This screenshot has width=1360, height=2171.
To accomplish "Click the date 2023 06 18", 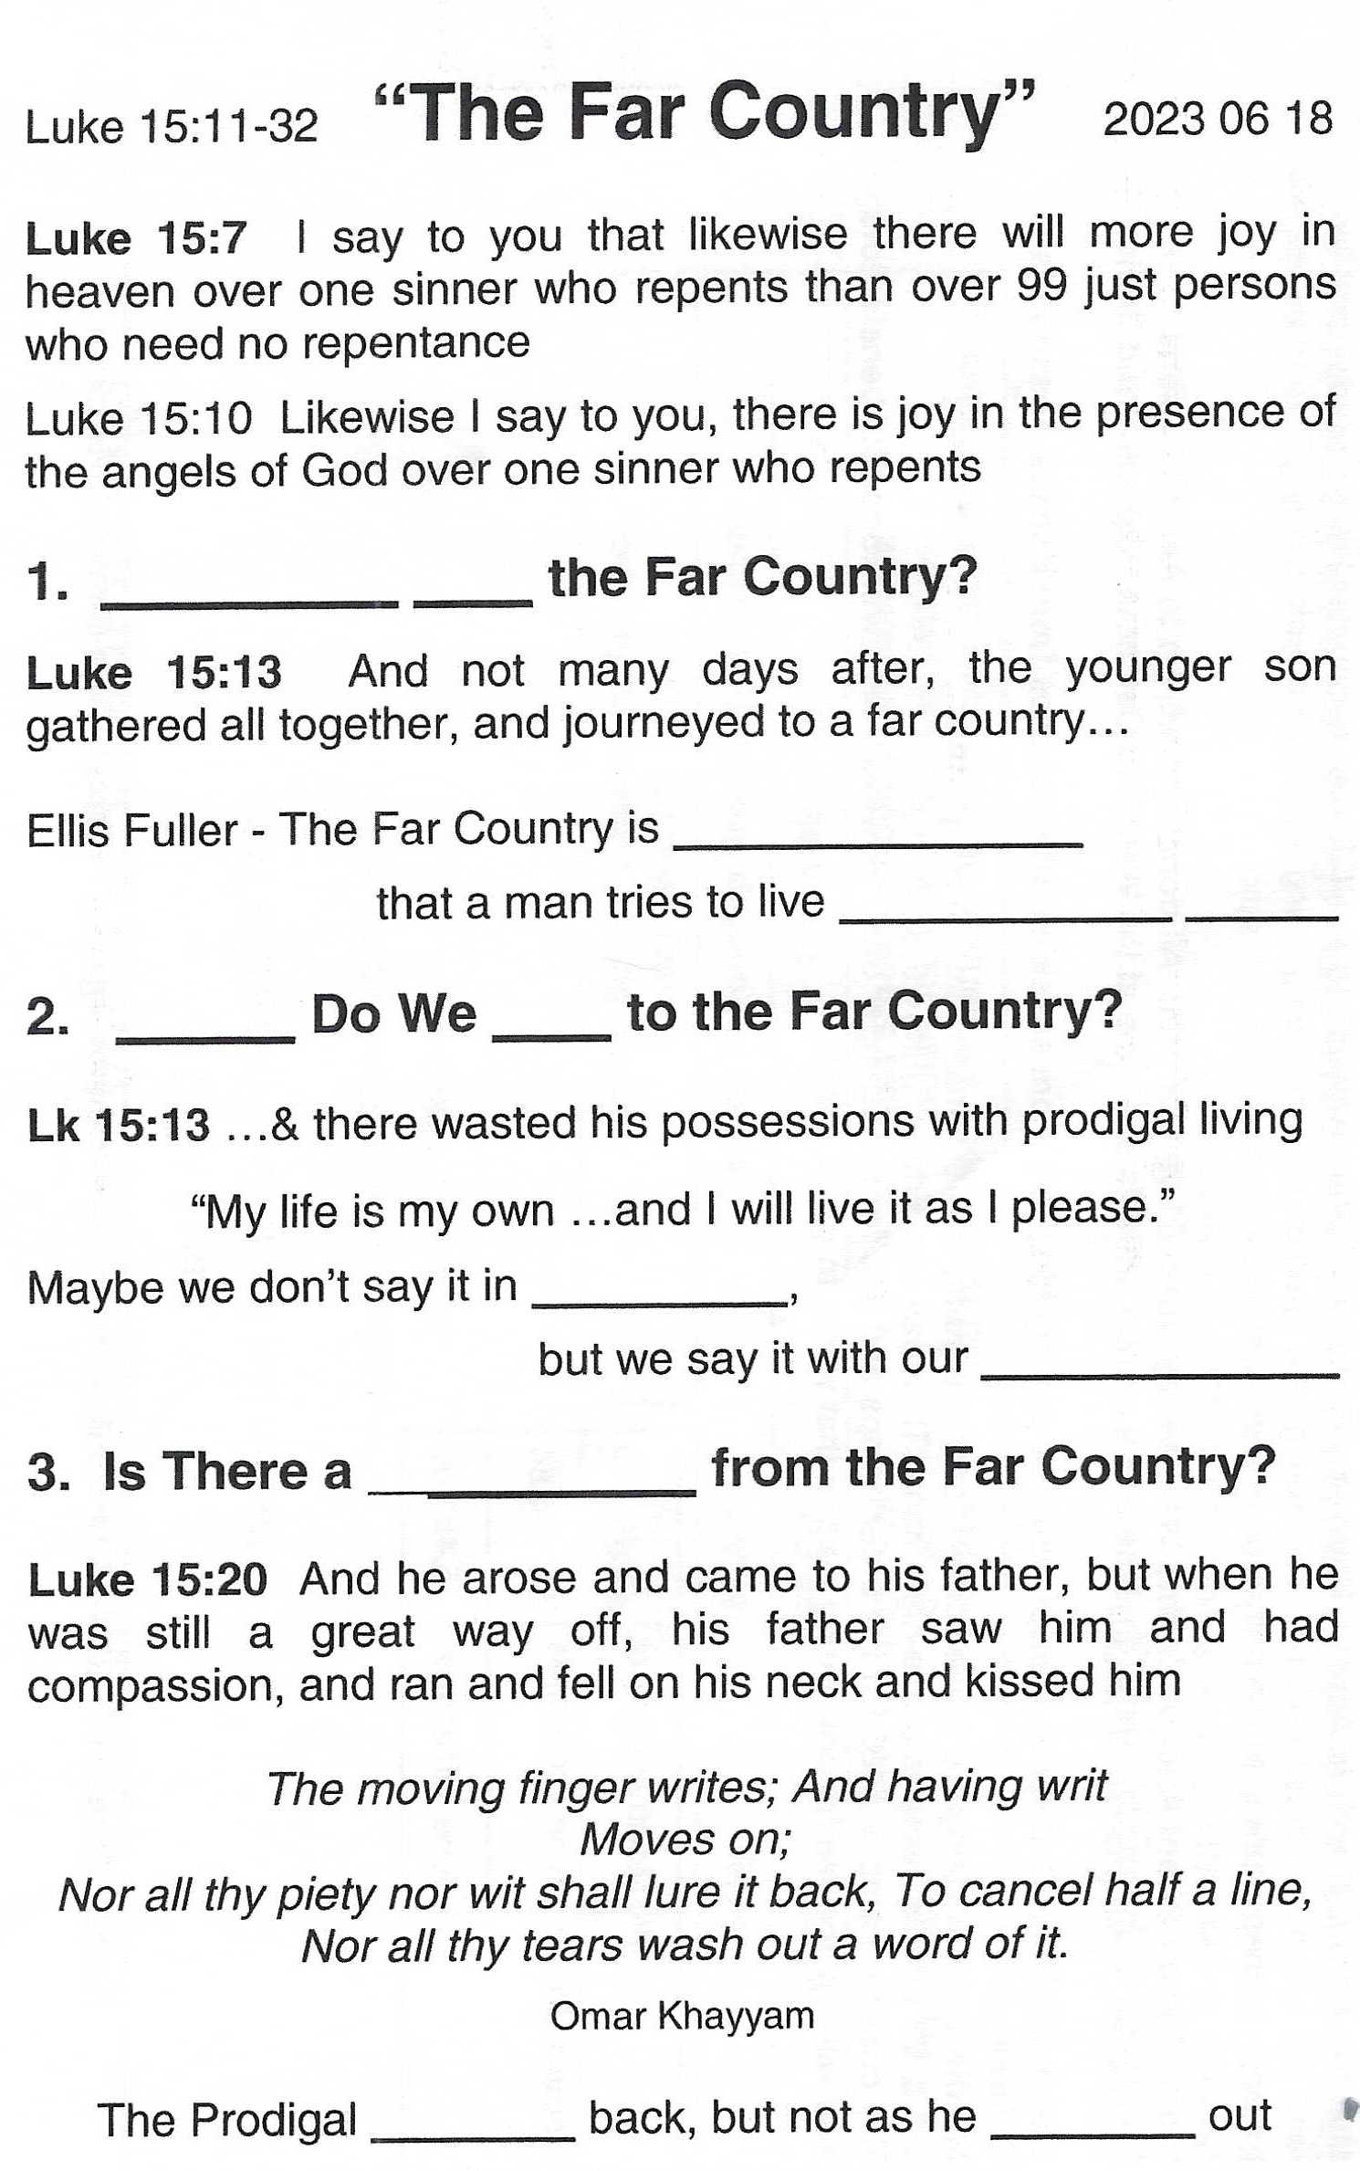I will [x=1218, y=121].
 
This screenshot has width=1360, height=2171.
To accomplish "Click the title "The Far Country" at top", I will [x=705, y=113].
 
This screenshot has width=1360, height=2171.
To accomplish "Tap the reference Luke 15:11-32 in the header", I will [x=172, y=127].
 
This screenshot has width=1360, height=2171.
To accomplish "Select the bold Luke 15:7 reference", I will [x=136, y=239].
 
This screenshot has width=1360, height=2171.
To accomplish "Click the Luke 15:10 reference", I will [x=139, y=420].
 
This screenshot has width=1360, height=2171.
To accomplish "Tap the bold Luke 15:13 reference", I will [x=154, y=674].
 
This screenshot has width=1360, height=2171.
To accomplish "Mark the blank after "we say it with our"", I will [x=1159, y=1367].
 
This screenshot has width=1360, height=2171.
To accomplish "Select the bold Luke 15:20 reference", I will [x=148, y=1580].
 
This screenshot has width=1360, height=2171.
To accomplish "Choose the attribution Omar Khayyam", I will [x=682, y=2016].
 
